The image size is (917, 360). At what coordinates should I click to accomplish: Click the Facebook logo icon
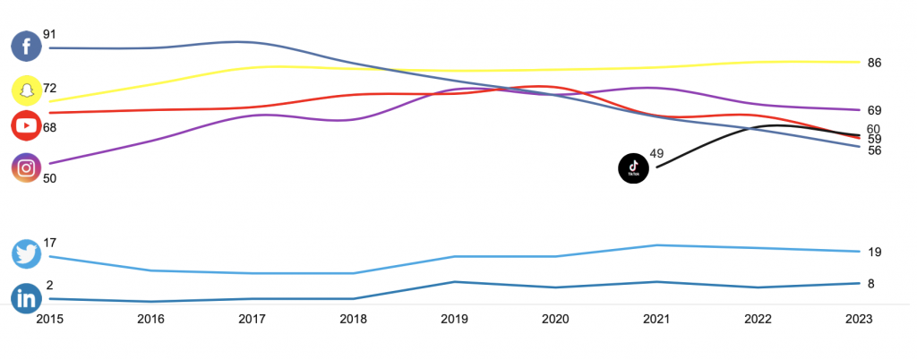pos(26,47)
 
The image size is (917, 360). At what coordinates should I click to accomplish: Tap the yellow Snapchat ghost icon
pos(27,90)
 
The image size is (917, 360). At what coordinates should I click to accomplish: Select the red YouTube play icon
pos(26,125)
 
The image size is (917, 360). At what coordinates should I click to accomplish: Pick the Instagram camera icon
pos(26,168)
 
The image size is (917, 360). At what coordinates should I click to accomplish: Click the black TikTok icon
pos(633,168)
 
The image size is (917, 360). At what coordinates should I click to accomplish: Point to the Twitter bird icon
pos(26,254)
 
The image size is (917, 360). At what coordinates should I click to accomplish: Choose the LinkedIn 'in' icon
pos(26,298)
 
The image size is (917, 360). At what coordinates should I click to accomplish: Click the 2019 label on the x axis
pos(454,319)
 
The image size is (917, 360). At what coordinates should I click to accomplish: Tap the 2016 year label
pos(150,319)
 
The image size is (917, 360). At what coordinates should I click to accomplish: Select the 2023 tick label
pos(859,319)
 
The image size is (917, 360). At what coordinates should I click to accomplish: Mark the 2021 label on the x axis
pos(656,319)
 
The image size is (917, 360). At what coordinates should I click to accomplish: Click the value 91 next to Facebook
pos(50,35)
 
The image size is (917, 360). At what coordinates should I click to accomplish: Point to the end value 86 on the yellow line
pos(874,63)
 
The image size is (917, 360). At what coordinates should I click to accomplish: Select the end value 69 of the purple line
pos(874,110)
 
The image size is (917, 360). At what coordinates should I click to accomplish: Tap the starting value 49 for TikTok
pos(656,154)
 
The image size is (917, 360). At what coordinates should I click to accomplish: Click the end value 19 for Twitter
pos(874,253)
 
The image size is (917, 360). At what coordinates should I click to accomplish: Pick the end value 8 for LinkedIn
pos(870,284)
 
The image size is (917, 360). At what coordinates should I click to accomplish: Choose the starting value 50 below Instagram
pos(50,179)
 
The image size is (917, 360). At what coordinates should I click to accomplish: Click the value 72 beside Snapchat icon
pos(50,89)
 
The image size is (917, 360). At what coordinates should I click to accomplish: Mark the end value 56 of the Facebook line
pos(874,150)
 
